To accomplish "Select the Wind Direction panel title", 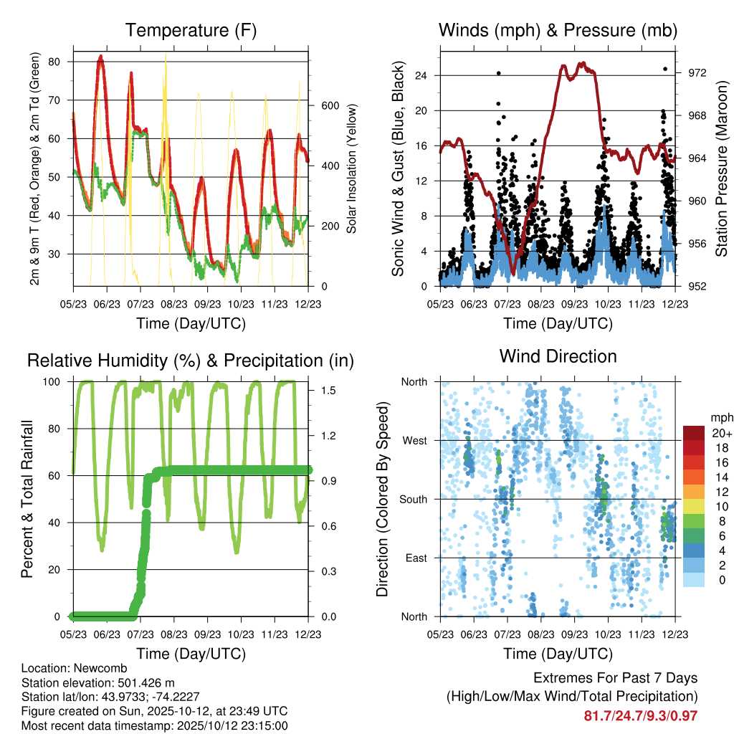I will pyautogui.click(x=558, y=356).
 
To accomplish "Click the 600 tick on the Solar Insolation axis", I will pyautogui.click(x=329, y=105).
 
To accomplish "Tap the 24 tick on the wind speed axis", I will pyautogui.click(x=422, y=75).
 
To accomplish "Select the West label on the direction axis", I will pyautogui.click(x=414, y=440).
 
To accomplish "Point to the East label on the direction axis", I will pyautogui.click(x=415, y=558).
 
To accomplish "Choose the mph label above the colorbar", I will pyautogui.click(x=720, y=417).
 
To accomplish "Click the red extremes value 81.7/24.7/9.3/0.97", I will pyautogui.click(x=641, y=715).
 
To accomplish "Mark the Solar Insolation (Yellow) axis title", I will pyautogui.click(x=352, y=169).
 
